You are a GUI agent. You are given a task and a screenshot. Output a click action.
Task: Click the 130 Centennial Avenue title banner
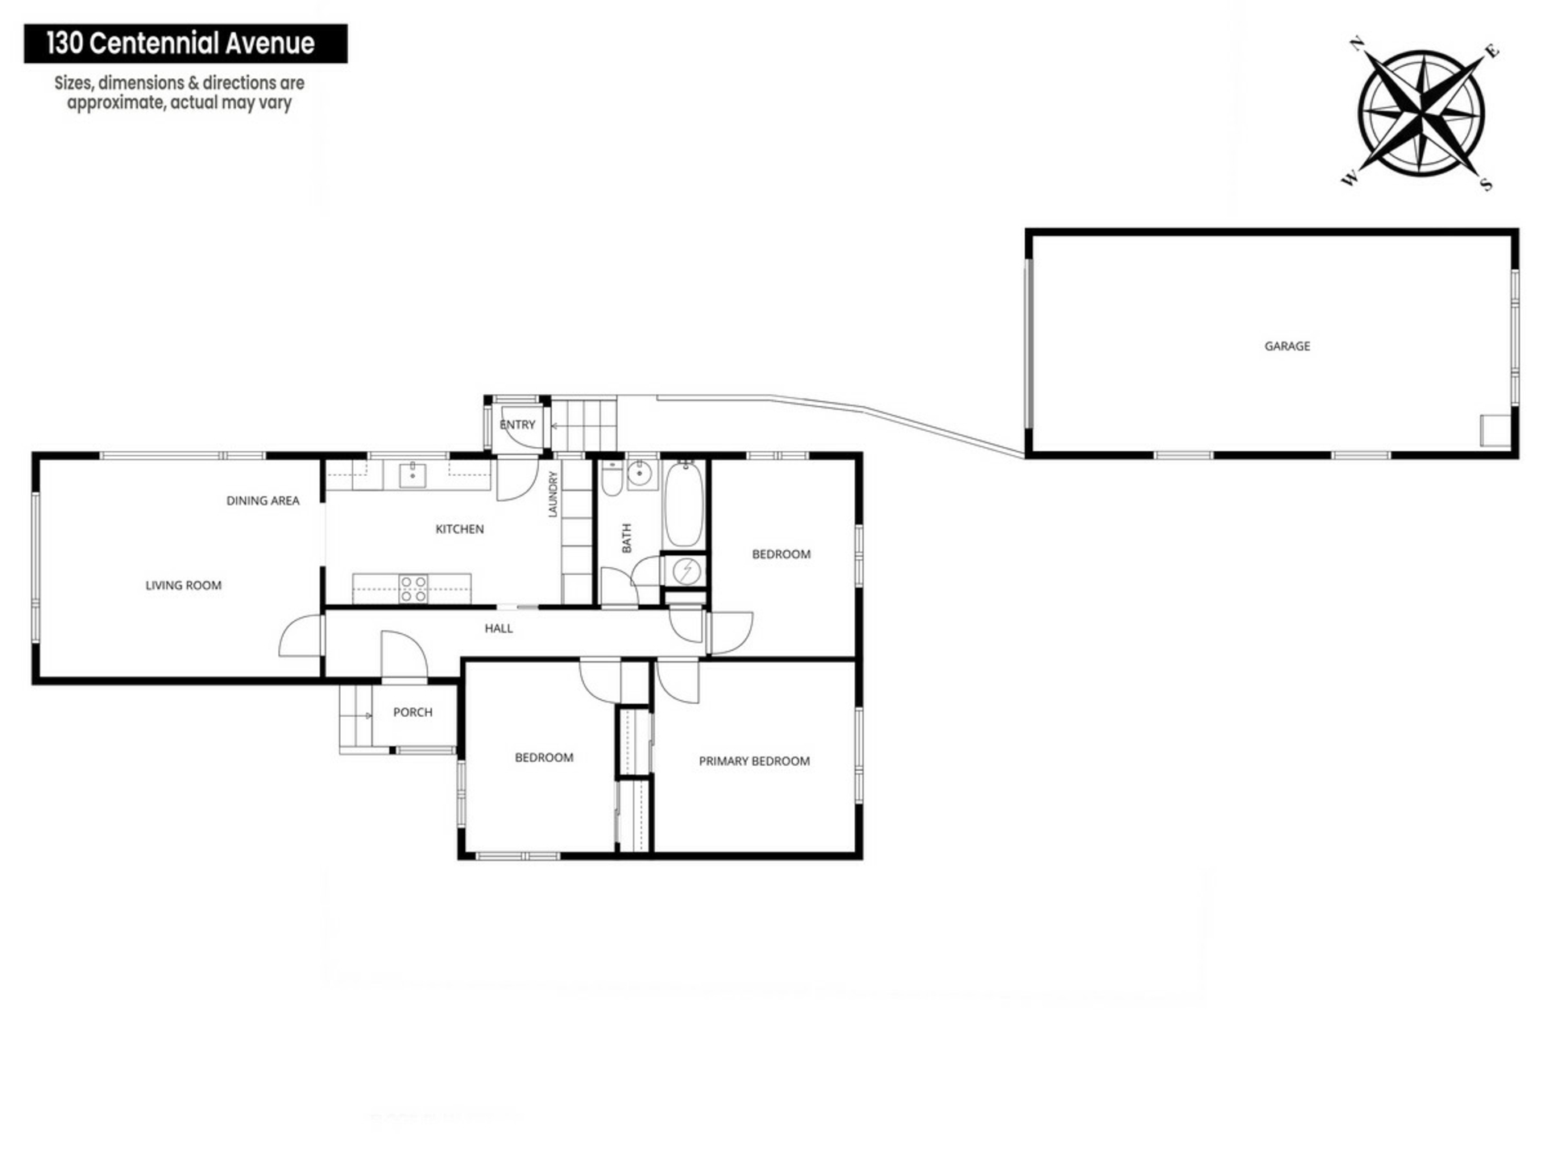pos(185,43)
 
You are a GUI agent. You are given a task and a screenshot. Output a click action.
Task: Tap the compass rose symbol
pos(1421,112)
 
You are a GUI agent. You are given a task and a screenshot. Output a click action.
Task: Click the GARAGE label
pos(1287,346)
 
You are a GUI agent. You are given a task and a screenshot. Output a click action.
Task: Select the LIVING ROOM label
pos(183,586)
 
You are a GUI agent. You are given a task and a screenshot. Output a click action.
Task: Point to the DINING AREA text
pos(263,500)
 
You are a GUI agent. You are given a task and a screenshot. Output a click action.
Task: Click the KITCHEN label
pos(459,529)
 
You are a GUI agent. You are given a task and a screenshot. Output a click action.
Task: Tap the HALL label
pos(499,628)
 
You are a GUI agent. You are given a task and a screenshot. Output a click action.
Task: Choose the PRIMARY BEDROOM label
pos(754,761)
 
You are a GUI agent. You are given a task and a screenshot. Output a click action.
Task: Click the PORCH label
pos(413,712)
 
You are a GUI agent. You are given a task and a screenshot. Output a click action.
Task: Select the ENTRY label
pos(517,425)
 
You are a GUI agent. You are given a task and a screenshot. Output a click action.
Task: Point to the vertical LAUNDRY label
pos(553,494)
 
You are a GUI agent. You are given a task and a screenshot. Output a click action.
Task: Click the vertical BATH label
pos(627,538)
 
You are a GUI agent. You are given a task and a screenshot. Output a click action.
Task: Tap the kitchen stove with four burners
pos(413,589)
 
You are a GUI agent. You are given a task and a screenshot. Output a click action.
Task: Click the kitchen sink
pos(413,475)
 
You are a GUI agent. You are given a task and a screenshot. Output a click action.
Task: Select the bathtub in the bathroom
pos(684,504)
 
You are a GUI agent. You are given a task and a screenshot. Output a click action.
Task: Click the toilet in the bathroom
pos(612,477)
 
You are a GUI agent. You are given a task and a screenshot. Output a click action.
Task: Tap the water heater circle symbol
pos(686,571)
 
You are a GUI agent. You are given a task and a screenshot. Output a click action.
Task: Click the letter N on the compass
pos(1357,44)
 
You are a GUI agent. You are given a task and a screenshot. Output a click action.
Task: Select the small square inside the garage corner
pos(1495,430)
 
